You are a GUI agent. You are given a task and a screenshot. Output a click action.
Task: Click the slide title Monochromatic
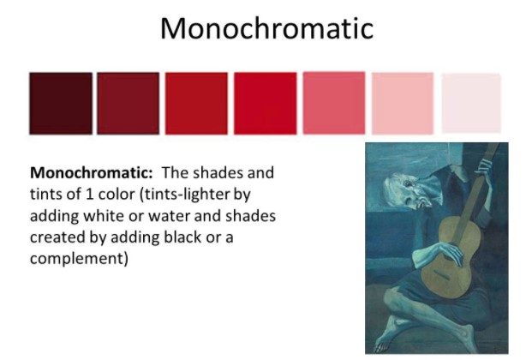click(x=266, y=28)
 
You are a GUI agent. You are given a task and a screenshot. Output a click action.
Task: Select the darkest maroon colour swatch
click(x=61, y=103)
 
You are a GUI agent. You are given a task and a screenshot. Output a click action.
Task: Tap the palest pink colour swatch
click(x=471, y=103)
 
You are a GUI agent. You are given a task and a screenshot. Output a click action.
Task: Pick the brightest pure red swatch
click(x=265, y=103)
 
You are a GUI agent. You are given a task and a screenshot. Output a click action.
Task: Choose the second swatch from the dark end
click(x=129, y=103)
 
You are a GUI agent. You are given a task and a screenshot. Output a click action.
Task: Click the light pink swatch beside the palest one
click(x=403, y=103)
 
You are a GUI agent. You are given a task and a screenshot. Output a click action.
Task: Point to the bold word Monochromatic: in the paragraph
click(x=92, y=172)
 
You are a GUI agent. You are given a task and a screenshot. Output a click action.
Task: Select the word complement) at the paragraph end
click(x=79, y=259)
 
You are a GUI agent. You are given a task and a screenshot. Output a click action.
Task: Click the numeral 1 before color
click(x=89, y=195)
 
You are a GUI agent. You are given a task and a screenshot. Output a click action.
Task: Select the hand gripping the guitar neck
click(x=483, y=169)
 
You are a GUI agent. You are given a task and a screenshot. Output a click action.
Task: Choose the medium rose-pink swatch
click(x=334, y=103)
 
